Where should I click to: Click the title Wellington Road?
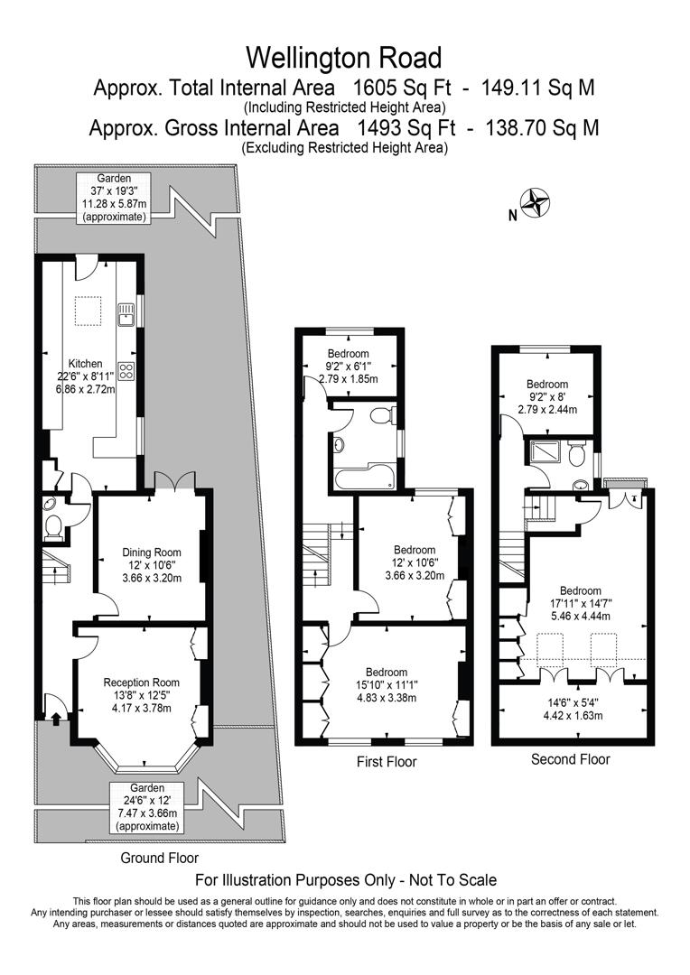(344, 58)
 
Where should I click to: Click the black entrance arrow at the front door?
(56, 719)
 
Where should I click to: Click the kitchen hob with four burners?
(126, 371)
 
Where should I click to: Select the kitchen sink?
(126, 313)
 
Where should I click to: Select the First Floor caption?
(387, 762)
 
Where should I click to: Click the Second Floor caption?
(571, 759)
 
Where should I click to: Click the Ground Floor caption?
(159, 858)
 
